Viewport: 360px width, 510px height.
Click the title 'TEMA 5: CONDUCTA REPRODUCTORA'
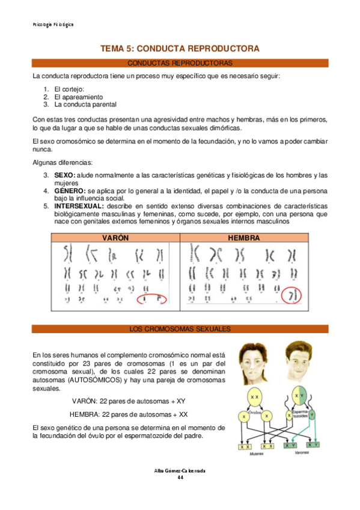pos(180,48)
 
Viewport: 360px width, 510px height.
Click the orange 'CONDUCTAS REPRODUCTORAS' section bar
pos(180,63)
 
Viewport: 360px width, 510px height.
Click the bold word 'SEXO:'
pos(64,175)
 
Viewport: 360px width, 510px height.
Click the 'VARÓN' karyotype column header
pos(115,238)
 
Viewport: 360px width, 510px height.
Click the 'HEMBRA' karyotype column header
pos(244,238)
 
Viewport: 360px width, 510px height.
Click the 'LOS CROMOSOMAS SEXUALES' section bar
pos(180,329)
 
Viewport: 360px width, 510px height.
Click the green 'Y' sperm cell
pos(311,414)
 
